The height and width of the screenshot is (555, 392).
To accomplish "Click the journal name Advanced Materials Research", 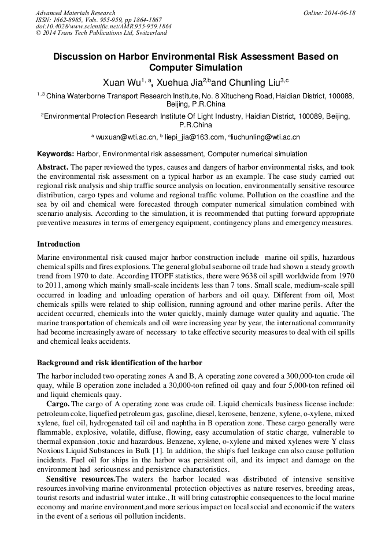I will (x=76, y=13).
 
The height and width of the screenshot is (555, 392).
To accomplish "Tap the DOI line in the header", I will (x=103, y=26).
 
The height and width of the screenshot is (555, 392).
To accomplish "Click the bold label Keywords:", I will (x=56, y=154).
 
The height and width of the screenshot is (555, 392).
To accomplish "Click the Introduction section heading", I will (x=58, y=244).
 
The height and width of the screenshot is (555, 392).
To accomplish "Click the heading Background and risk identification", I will (x=119, y=362).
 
